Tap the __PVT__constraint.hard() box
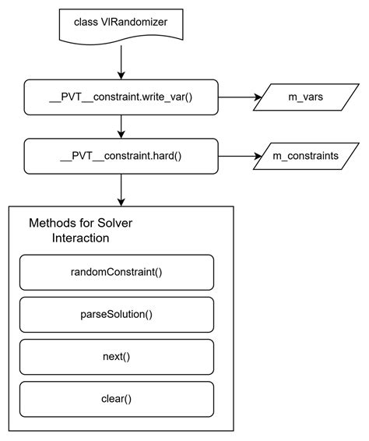click(x=121, y=156)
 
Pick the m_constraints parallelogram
click(x=305, y=156)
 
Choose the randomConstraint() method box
click(x=116, y=273)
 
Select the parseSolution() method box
click(x=116, y=315)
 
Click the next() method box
click(x=116, y=357)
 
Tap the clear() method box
click(x=116, y=399)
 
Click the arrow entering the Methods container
click(x=121, y=189)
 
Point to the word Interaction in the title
click(x=80, y=238)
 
